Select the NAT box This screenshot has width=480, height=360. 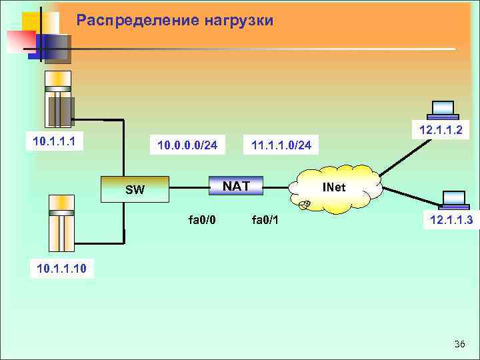coord(237,185)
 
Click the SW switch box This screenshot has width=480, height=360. coord(135,189)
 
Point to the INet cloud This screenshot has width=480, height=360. coord(334,188)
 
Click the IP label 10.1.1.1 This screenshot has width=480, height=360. coord(53,141)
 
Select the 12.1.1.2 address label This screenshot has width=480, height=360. coord(441,129)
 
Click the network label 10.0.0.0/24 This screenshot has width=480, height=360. coord(187,145)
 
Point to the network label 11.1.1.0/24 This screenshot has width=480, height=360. coord(281,145)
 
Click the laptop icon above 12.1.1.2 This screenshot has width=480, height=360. coord(442,109)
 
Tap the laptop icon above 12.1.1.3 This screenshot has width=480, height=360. coord(454,199)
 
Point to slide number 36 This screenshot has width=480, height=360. coord(459,344)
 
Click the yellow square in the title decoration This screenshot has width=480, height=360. coord(33,23)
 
